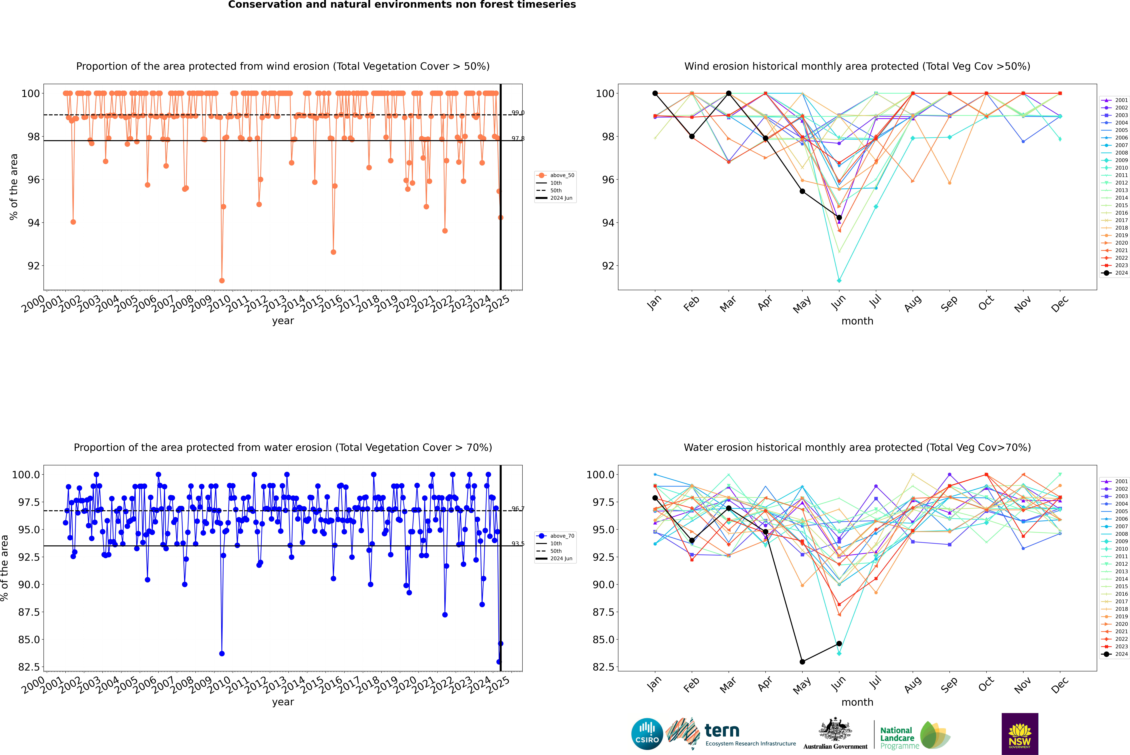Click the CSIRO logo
point(647,734)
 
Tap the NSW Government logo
point(1020,734)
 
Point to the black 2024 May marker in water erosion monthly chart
point(802,662)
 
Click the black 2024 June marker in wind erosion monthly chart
point(839,218)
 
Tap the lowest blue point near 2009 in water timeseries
point(222,653)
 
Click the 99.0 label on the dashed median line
point(518,113)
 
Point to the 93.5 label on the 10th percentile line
point(518,544)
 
